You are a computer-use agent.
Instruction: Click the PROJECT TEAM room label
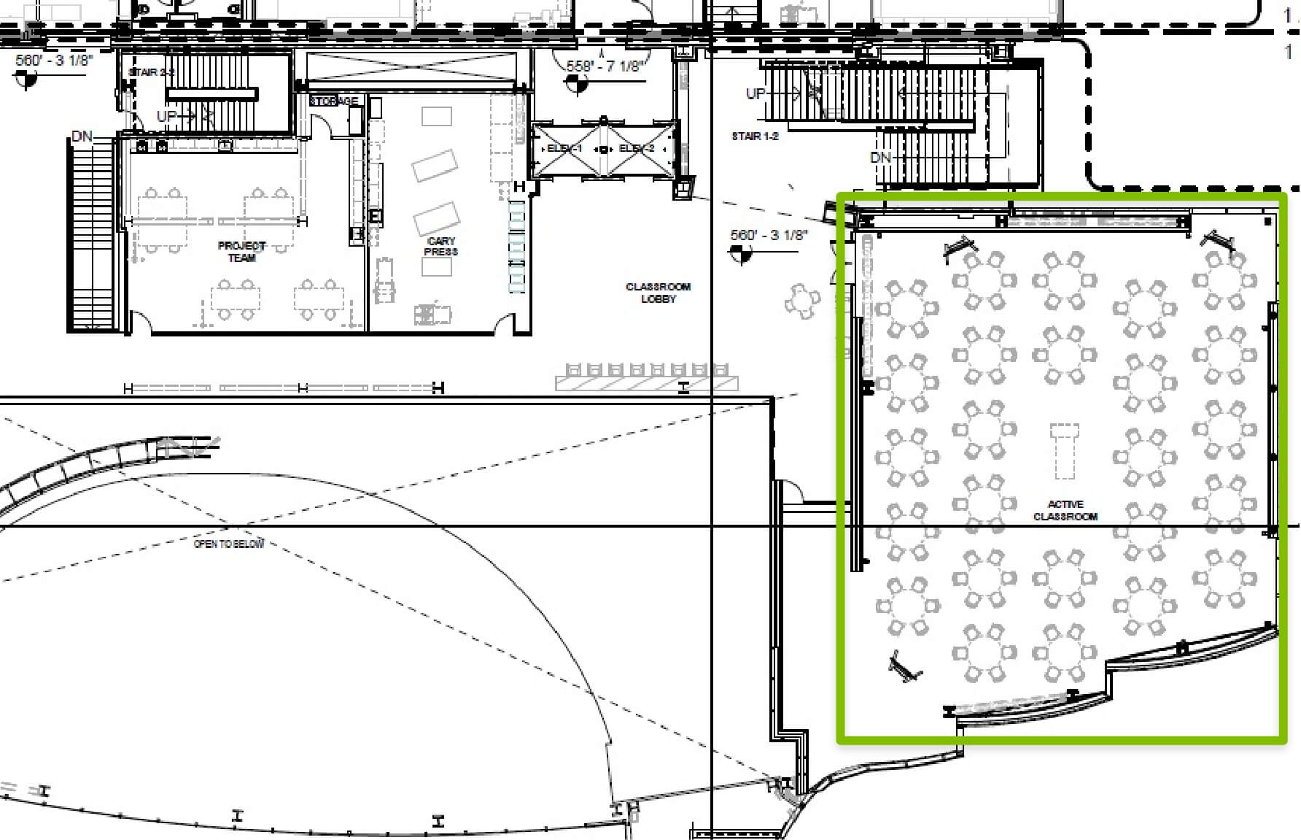pyautogui.click(x=241, y=252)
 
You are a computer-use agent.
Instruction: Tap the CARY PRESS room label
pyautogui.click(x=440, y=246)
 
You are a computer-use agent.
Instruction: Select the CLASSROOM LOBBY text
pyautogui.click(x=658, y=293)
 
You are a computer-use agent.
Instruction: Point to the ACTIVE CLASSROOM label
pyautogui.click(x=1065, y=510)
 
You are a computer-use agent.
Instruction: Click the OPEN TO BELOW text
pyautogui.click(x=229, y=544)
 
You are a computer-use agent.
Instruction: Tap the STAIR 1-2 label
pyautogui.click(x=755, y=136)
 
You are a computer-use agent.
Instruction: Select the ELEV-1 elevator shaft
pyautogui.click(x=565, y=150)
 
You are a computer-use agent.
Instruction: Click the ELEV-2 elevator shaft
pyautogui.click(x=637, y=150)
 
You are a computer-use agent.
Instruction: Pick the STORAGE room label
pyautogui.click(x=334, y=101)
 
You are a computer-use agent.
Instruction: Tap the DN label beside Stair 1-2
pyautogui.click(x=880, y=158)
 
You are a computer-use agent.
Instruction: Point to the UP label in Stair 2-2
pyautogui.click(x=166, y=117)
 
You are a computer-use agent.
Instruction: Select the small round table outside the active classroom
pyautogui.click(x=802, y=300)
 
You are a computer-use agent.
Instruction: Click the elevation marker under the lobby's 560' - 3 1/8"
pyautogui.click(x=739, y=253)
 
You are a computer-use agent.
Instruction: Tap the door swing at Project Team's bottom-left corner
pyautogui.click(x=141, y=324)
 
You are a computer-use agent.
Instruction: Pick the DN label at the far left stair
pyautogui.click(x=82, y=136)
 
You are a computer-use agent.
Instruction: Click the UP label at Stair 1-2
pyautogui.click(x=756, y=93)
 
